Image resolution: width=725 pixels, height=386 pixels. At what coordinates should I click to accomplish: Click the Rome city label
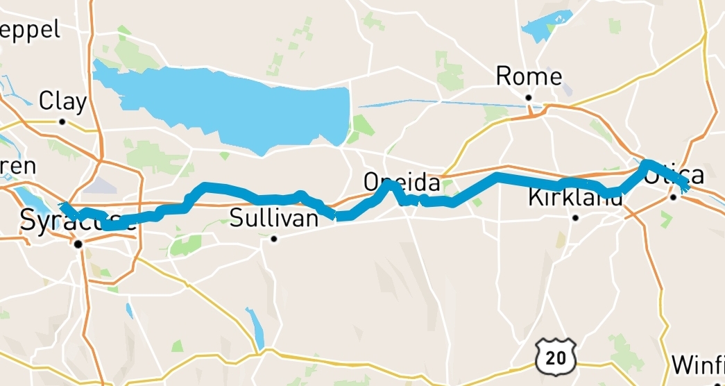point(529,76)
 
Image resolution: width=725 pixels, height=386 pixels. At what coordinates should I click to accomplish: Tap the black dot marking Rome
point(528,98)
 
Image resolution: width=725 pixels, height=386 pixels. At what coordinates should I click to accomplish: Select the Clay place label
point(62,102)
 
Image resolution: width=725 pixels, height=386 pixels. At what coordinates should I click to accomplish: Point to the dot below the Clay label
point(62,121)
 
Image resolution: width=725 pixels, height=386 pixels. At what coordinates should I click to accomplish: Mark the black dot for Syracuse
point(79,244)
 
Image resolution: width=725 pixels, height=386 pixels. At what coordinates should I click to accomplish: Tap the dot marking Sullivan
point(274,240)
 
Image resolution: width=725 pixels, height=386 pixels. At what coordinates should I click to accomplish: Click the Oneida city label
point(402,183)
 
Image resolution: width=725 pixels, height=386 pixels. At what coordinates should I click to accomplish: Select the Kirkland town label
point(575,198)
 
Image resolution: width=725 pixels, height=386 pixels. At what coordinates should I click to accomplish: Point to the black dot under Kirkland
point(575,218)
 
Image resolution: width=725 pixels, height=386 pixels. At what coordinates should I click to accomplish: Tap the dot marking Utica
point(673,198)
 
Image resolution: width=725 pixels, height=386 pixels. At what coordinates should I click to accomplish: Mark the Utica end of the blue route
point(685,185)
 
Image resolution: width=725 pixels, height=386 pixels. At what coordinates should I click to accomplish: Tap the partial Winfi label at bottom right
point(699,364)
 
